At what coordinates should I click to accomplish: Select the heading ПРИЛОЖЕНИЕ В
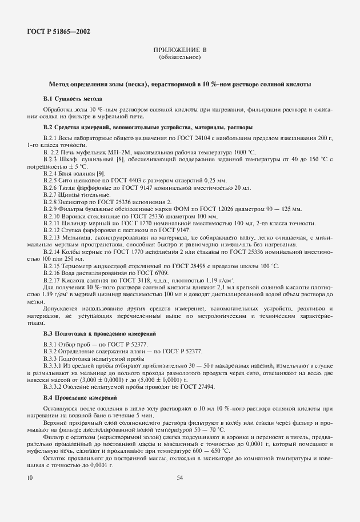click(x=179, y=51)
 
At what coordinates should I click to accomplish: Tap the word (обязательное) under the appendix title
click(x=179, y=58)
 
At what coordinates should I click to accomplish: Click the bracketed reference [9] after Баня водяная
click(x=100, y=173)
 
